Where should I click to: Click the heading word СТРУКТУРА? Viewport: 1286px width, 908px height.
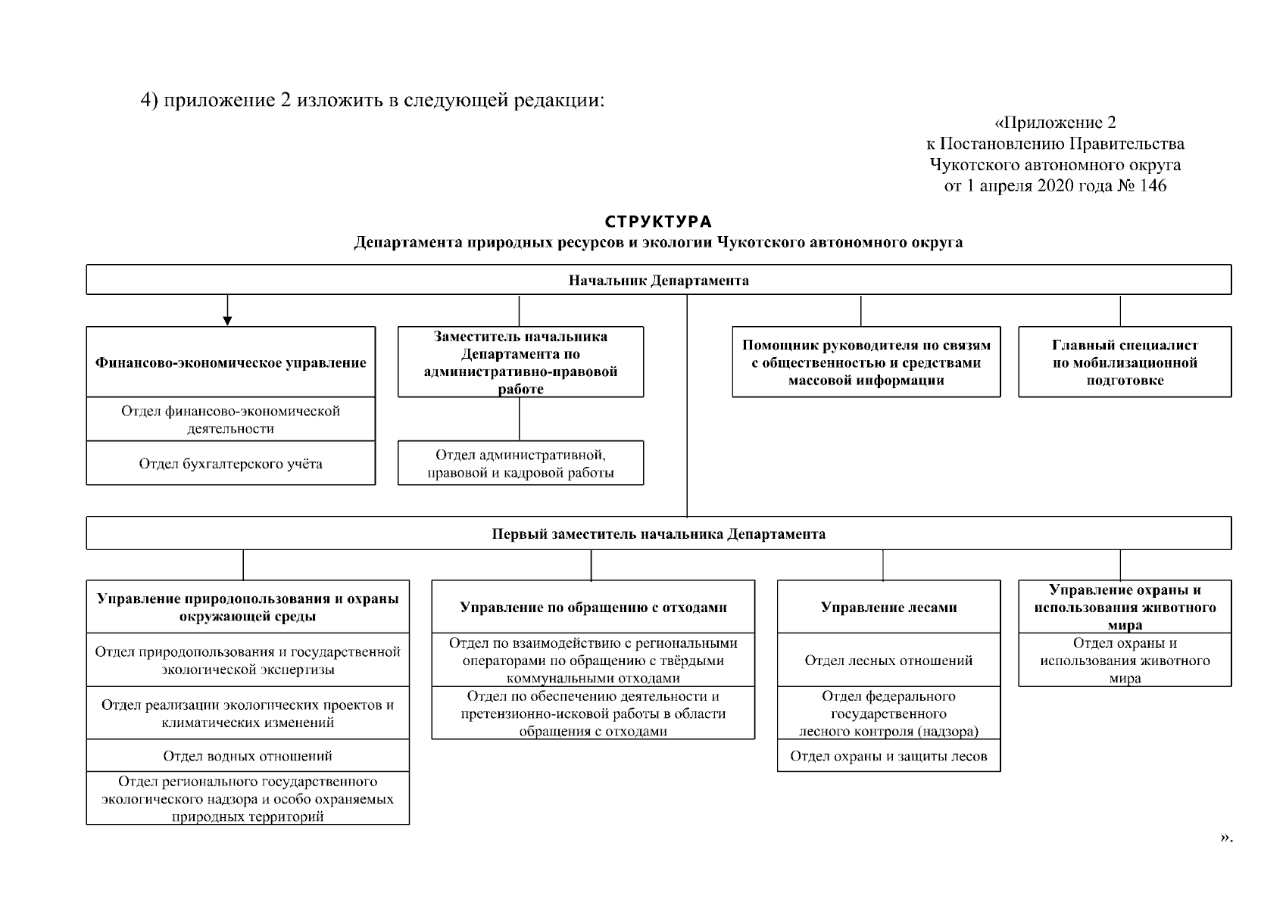point(658,222)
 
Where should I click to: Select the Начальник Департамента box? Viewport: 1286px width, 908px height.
point(658,281)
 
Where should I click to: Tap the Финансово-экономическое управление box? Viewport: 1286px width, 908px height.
point(230,362)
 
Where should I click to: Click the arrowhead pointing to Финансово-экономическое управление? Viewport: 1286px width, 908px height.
point(227,321)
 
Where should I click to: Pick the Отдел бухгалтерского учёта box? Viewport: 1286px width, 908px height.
point(230,464)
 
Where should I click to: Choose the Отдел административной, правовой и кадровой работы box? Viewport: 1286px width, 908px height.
point(520,464)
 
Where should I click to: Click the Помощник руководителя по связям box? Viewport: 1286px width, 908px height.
point(866,362)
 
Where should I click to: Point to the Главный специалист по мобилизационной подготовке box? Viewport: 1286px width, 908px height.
point(1125,362)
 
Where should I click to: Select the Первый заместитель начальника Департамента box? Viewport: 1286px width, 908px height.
point(658,534)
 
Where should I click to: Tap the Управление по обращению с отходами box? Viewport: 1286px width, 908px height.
point(593,608)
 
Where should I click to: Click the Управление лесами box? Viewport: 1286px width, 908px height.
point(888,608)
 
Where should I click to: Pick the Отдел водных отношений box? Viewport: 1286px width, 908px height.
point(248,756)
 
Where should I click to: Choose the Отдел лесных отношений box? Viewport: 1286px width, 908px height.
point(888,661)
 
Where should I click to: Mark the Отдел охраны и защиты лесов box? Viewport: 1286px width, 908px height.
point(888,757)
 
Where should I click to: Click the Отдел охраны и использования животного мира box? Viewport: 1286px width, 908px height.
point(1125,661)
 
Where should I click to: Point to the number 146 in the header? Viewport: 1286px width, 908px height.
point(1151,185)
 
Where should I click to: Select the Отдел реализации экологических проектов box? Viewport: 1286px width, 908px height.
point(248,714)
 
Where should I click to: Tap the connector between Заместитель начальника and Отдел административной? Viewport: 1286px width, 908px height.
point(520,419)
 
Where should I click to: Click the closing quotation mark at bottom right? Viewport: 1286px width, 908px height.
point(1225,838)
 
